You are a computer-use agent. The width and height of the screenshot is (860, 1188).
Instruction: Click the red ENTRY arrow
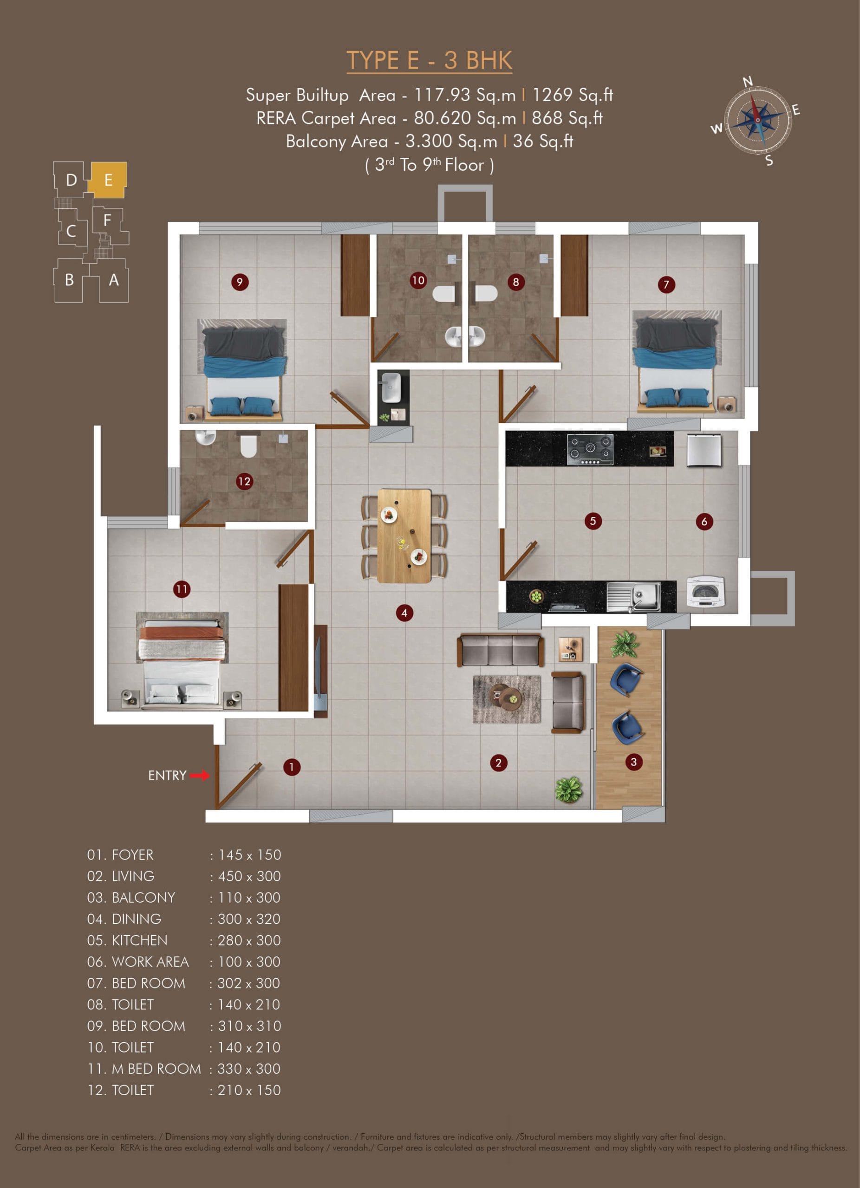(x=199, y=775)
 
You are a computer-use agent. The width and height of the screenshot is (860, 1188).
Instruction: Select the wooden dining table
(x=404, y=536)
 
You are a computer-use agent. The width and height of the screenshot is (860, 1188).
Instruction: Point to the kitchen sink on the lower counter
(x=633, y=597)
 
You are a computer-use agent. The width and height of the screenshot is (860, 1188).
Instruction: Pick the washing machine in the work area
(x=706, y=593)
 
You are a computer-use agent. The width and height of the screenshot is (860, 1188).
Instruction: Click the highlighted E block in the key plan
(x=107, y=180)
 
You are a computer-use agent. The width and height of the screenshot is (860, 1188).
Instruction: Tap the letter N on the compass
(x=748, y=81)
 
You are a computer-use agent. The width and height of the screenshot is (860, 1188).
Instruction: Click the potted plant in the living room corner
(x=569, y=789)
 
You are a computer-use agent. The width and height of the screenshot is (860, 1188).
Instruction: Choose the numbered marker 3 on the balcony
(x=633, y=762)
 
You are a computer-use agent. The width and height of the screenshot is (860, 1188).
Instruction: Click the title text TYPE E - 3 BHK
(x=429, y=60)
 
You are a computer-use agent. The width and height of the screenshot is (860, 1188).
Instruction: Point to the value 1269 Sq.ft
(x=572, y=95)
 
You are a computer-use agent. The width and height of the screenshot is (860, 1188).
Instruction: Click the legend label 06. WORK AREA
(x=138, y=962)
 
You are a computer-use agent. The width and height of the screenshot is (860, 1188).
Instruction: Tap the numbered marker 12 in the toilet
(x=244, y=481)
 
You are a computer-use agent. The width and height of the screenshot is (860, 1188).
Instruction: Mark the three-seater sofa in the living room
(x=501, y=650)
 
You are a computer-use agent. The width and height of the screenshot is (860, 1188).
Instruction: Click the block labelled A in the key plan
(x=114, y=281)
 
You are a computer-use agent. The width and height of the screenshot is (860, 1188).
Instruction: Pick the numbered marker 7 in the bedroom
(x=666, y=285)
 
